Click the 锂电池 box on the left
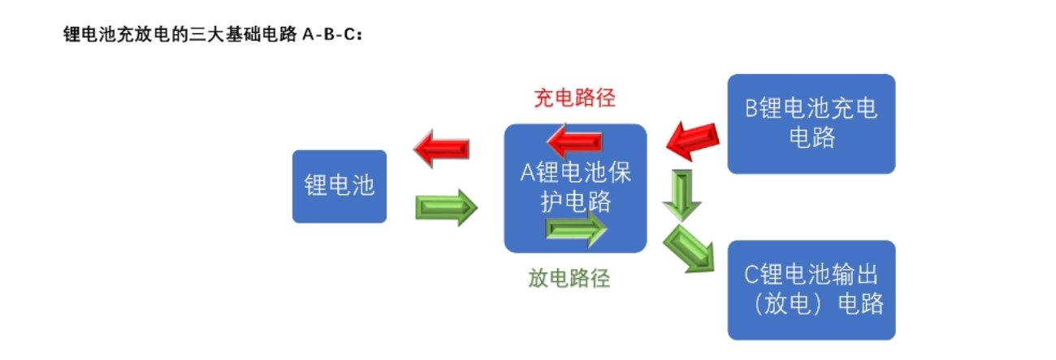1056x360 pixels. click(340, 186)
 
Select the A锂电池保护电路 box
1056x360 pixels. click(575, 188)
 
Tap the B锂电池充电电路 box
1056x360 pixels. click(811, 124)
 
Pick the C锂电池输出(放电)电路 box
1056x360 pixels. click(811, 290)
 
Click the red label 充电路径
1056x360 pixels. click(574, 98)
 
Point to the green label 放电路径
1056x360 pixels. click(569, 279)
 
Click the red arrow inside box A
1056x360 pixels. click(574, 141)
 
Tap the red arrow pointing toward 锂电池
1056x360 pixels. click(441, 149)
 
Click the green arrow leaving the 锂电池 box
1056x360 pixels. click(446, 207)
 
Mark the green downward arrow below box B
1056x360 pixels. click(682, 194)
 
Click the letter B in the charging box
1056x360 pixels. click(752, 110)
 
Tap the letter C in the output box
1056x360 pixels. click(752, 275)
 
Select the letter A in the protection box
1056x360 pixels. click(527, 172)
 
